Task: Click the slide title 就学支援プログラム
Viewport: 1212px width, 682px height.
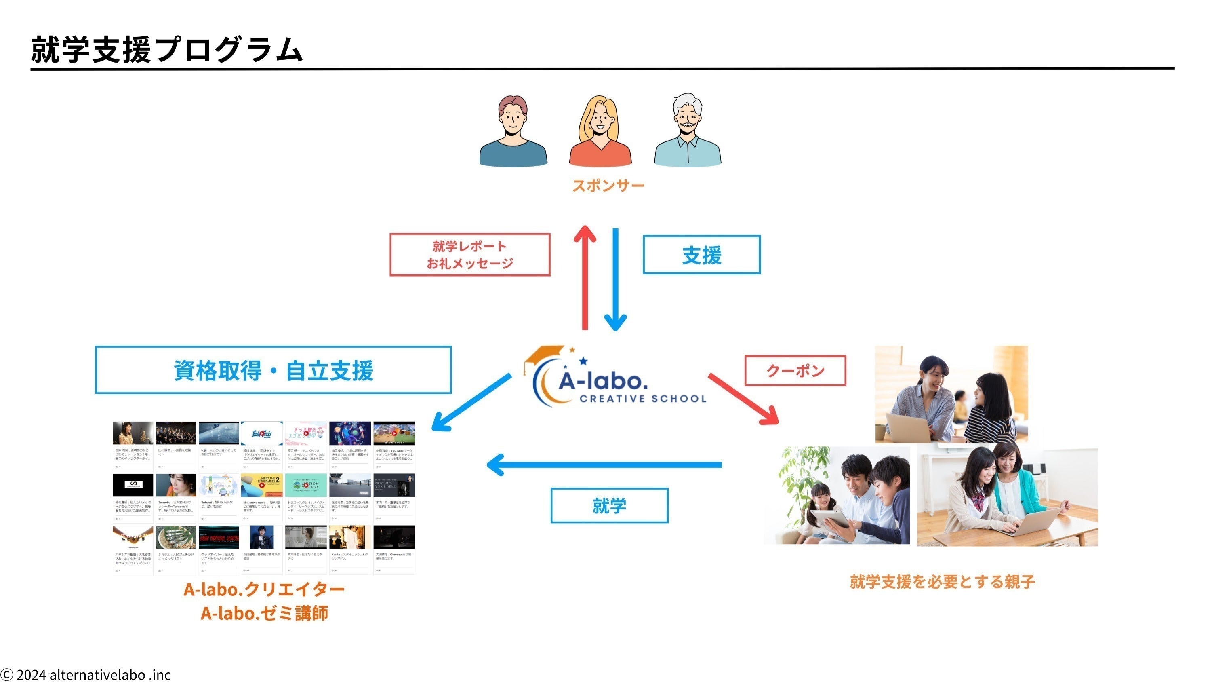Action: (x=166, y=50)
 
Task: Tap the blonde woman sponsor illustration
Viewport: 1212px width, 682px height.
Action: (x=600, y=132)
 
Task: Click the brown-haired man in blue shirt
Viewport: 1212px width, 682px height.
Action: (x=513, y=132)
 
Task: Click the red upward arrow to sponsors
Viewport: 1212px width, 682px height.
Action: (x=585, y=278)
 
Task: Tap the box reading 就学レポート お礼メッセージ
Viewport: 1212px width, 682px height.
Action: (x=469, y=255)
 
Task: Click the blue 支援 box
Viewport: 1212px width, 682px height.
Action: (x=701, y=255)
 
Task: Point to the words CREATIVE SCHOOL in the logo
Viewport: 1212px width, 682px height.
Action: (x=643, y=399)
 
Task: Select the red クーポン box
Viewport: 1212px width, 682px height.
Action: (x=795, y=370)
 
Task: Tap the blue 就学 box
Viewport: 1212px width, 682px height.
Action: (x=609, y=505)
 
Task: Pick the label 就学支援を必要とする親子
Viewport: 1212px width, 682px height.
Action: (x=942, y=582)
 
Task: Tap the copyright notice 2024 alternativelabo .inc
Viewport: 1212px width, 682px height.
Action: (x=86, y=674)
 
